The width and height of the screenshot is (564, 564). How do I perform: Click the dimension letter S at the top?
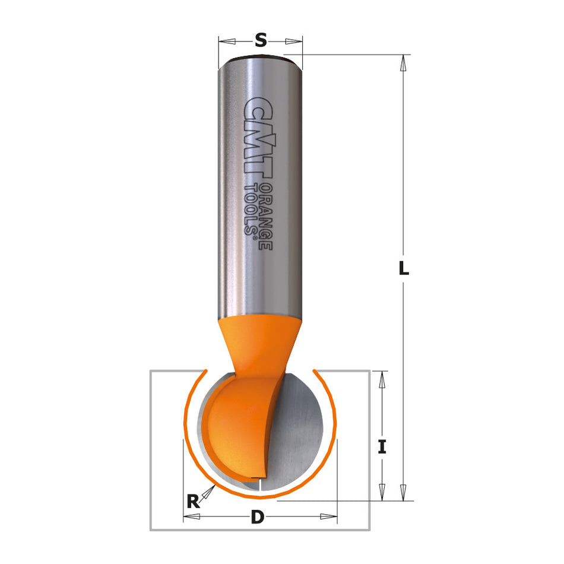pos(260,40)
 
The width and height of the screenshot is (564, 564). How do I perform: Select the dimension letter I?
pos(382,447)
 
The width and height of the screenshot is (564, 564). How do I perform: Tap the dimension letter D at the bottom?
pos(257,517)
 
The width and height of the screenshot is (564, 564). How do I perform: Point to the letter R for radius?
pos(192,502)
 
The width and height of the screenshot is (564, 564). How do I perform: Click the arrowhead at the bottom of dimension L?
pos(404,492)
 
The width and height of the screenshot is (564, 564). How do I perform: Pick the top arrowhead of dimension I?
pos(382,379)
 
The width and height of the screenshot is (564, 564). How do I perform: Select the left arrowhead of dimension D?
pos(191,517)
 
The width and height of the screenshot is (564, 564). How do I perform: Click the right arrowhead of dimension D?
pos(328,517)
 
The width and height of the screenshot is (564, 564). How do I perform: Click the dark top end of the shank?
pos(260,58)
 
